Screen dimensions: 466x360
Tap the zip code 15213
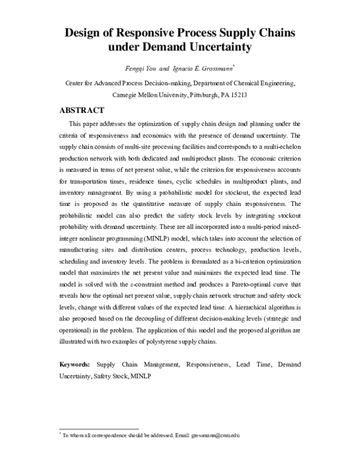(x=238, y=95)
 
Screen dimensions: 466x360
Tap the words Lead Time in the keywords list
(x=250, y=364)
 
